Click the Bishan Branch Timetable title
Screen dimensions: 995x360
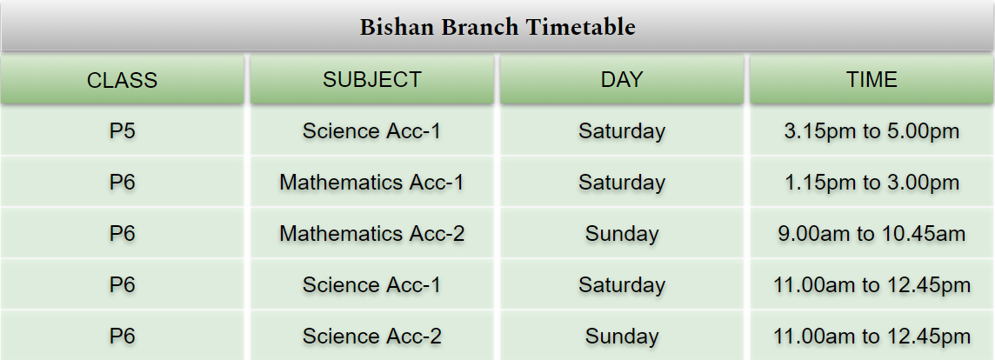click(x=497, y=27)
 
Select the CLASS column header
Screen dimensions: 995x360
click(x=122, y=80)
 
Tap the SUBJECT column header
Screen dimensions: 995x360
click(x=372, y=79)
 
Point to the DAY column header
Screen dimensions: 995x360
click(x=622, y=79)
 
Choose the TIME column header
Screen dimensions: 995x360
click(x=871, y=79)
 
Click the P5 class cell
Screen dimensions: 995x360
click(x=122, y=130)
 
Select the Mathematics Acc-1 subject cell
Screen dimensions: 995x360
click(x=372, y=183)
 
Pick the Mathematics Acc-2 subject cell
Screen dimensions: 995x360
click(x=372, y=234)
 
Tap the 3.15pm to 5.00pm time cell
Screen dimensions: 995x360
click(x=871, y=130)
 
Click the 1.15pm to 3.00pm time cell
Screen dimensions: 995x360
click(x=871, y=183)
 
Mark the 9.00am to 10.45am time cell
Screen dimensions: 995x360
click(x=871, y=234)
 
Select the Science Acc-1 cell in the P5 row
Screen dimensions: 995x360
click(x=372, y=130)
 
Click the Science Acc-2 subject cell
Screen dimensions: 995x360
click(x=372, y=336)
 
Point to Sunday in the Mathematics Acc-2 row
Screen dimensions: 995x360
click(x=622, y=234)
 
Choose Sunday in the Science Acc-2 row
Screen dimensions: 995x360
click(x=622, y=337)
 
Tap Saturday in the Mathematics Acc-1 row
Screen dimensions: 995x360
click(x=622, y=183)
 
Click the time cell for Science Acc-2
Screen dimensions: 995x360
click(x=871, y=337)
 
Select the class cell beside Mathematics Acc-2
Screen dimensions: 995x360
click(x=122, y=234)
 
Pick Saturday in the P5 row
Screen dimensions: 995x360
click(x=622, y=131)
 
